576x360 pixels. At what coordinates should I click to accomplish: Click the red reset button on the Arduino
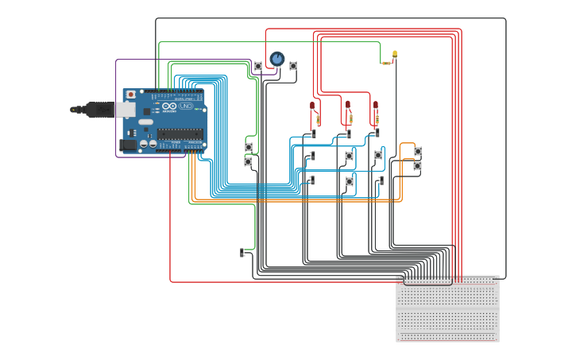click(x=130, y=95)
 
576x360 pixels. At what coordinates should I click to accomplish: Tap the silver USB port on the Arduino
click(x=125, y=109)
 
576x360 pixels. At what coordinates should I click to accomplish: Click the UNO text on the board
click(x=185, y=106)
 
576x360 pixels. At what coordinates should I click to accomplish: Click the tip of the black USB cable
click(x=74, y=109)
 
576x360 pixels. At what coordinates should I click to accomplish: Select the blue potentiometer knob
click(x=276, y=58)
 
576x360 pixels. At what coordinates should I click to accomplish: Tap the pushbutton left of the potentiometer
click(x=257, y=66)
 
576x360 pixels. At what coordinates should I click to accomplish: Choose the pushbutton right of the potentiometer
click(x=293, y=66)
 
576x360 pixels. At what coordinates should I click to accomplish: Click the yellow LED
click(x=395, y=54)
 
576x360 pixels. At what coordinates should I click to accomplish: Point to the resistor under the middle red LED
click(x=350, y=119)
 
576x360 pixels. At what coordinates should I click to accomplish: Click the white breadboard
click(x=447, y=310)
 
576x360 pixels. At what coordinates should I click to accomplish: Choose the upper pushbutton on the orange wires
click(x=417, y=151)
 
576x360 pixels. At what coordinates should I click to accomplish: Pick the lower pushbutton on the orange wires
click(x=417, y=166)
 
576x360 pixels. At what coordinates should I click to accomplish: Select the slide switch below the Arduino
click(x=242, y=253)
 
